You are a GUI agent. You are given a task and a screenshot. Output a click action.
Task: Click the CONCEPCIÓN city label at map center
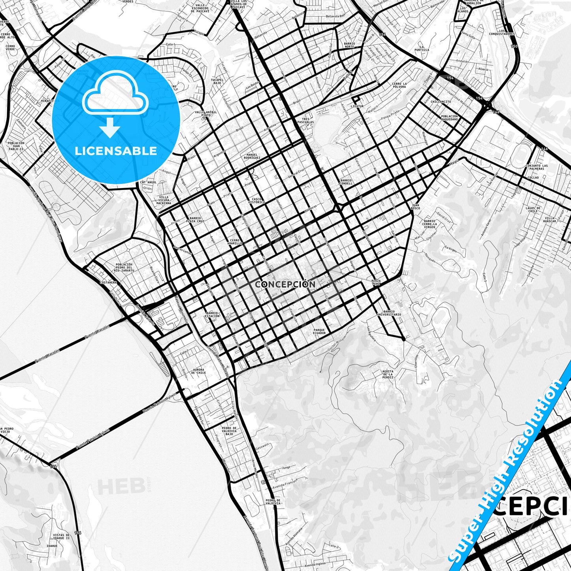coord(285,284)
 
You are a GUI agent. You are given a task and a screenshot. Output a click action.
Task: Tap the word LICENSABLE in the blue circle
coord(116,151)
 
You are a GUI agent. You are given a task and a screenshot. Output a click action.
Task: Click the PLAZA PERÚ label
coord(376,283)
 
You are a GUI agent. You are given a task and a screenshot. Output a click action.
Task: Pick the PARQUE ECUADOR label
coord(319,332)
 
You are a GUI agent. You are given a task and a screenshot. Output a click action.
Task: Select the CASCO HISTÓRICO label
coord(256,200)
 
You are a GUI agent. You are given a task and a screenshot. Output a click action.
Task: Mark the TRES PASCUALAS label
coord(306,121)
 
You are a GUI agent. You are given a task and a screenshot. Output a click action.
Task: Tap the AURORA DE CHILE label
coord(198,371)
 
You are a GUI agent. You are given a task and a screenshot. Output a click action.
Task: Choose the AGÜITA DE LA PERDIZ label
coord(388,374)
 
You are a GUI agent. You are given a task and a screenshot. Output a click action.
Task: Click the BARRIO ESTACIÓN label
coord(212,314)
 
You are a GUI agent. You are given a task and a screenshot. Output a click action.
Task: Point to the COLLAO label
coord(533,178)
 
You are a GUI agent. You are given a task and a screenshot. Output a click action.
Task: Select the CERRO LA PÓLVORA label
coord(399,85)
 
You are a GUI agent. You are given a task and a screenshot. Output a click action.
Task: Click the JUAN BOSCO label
coord(415,207)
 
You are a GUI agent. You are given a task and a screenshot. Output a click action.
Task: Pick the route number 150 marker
coord(513,46)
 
